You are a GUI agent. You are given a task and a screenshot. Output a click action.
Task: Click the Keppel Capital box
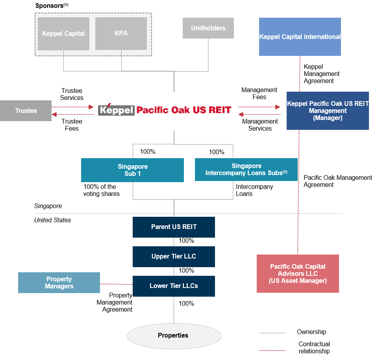[63, 33]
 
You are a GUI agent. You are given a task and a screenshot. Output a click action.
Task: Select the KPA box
[121, 33]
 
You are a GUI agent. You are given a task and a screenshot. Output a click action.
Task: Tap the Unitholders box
[208, 28]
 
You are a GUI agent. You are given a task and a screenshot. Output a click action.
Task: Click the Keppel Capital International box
[300, 37]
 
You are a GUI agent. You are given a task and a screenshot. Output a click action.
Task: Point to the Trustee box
[26, 111]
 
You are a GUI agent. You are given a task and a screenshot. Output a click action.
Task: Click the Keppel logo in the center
[116, 110]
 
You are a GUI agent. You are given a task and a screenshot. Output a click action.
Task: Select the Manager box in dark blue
[328, 111]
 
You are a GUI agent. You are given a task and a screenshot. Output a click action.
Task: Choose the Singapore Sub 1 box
[132, 170]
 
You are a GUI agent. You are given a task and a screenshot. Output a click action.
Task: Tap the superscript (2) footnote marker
[285, 172]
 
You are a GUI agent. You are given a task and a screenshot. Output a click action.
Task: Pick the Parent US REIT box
[174, 227]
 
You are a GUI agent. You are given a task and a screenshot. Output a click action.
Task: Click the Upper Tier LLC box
[174, 257]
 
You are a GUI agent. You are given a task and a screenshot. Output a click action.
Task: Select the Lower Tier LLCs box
[174, 286]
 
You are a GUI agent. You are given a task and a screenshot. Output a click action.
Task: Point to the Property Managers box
[59, 282]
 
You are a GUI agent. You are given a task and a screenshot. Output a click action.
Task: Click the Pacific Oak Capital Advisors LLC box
[298, 273]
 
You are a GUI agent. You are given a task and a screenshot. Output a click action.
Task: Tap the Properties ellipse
[174, 336]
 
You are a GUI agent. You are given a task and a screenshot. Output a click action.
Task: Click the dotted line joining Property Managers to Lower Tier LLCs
[116, 284]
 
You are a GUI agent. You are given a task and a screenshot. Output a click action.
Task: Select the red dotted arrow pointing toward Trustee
[72, 114]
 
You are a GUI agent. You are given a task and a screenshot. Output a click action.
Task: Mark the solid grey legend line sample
[272, 333]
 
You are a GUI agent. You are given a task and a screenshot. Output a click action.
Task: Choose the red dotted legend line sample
[272, 350]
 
